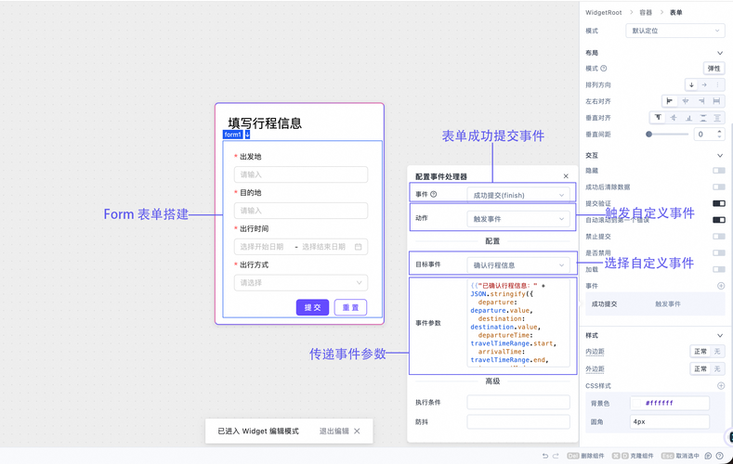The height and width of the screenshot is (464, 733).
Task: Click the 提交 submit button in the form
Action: pyautogui.click(x=312, y=307)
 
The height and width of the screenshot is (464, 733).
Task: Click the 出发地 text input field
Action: pyautogui.click(x=301, y=174)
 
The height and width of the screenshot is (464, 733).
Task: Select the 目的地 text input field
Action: pyautogui.click(x=301, y=211)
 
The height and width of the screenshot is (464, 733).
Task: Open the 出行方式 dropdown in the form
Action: pyautogui.click(x=301, y=283)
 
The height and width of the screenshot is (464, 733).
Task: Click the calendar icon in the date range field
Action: pyautogui.click(x=359, y=247)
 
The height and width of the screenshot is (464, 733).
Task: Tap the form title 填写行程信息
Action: pyautogui.click(x=265, y=122)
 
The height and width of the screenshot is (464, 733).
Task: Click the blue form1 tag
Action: pyautogui.click(x=233, y=135)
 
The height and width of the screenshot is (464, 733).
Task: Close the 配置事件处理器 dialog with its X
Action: pyautogui.click(x=566, y=176)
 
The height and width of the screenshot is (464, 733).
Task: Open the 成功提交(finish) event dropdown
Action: pyautogui.click(x=518, y=195)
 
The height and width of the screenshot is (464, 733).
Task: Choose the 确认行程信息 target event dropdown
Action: pyautogui.click(x=518, y=265)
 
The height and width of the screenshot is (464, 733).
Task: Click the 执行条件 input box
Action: pyautogui.click(x=518, y=402)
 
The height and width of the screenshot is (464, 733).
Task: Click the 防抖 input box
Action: pyautogui.click(x=518, y=422)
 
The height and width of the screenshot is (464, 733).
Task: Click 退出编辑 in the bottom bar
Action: pyautogui.click(x=334, y=431)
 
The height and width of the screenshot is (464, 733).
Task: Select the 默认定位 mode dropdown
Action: pyautogui.click(x=674, y=31)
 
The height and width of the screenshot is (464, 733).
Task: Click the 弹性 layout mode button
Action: pyautogui.click(x=713, y=69)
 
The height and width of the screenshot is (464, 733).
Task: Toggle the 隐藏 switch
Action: pyautogui.click(x=718, y=171)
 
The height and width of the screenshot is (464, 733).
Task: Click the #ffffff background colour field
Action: pyautogui.click(x=669, y=404)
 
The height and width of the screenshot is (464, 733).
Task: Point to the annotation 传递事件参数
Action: pyautogui.click(x=347, y=354)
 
